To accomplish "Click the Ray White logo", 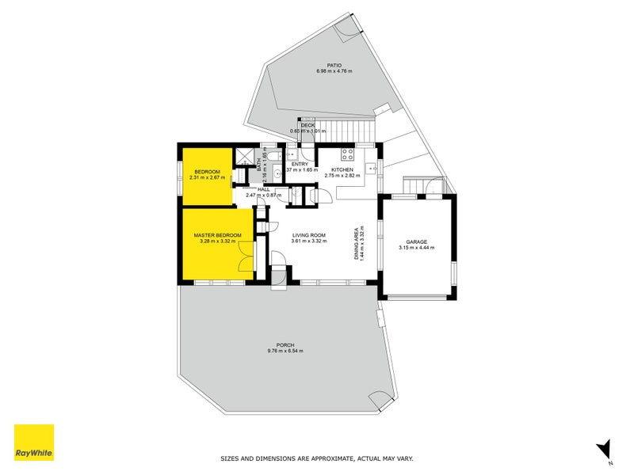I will tap(34, 443).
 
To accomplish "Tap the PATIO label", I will tap(334, 66).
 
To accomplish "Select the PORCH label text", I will tap(285, 345).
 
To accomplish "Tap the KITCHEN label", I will tap(342, 170).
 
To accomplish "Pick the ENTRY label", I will tap(300, 164).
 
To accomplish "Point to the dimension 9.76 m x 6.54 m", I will tap(285, 351).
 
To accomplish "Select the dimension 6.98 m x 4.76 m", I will tap(334, 72).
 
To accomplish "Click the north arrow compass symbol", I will tap(604, 447).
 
